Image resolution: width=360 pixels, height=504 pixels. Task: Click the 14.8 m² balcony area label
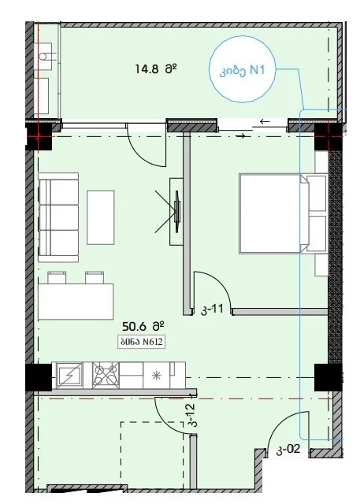click(x=156, y=69)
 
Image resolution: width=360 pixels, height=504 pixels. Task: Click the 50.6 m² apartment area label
click(x=143, y=327)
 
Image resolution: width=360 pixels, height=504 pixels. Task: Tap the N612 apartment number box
click(x=142, y=342)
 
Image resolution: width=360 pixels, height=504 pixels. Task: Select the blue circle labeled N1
click(x=243, y=69)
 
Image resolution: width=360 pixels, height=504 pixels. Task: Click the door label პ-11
click(x=212, y=309)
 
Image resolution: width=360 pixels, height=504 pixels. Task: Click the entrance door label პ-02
click(x=288, y=450)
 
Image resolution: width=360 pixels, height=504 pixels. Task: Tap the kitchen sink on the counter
click(x=69, y=376)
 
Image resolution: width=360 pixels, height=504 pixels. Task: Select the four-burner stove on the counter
click(x=106, y=376)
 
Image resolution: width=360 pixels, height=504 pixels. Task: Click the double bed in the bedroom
click(x=283, y=214)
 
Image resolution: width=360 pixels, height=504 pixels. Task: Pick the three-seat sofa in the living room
click(x=58, y=217)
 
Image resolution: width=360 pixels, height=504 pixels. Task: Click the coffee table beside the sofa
click(x=101, y=217)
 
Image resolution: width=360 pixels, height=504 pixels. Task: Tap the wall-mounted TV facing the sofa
click(x=177, y=211)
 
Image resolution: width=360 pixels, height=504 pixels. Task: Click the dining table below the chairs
click(x=76, y=302)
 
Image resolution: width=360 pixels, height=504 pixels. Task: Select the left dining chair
click(x=57, y=277)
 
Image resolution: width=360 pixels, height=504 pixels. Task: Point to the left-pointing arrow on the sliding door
click(x=265, y=121)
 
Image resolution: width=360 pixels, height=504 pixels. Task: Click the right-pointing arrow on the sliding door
click(x=241, y=136)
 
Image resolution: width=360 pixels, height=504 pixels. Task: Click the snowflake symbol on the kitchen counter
click(x=156, y=376)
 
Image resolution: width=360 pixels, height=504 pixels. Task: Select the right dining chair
click(x=95, y=277)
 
